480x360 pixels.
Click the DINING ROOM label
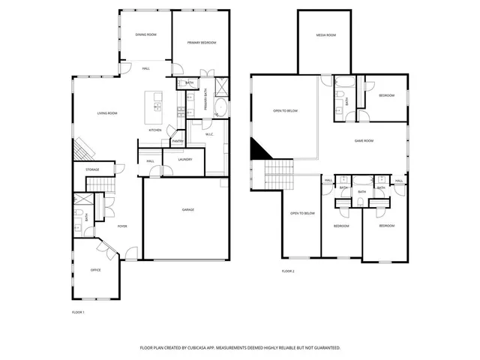(145, 34)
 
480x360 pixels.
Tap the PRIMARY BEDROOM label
(202, 43)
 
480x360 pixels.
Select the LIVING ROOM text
(107, 113)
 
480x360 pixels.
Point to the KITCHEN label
(155, 130)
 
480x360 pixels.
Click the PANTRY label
(178, 141)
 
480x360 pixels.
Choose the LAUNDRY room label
(186, 159)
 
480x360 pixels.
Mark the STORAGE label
(92, 169)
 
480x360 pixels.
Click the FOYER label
(121, 225)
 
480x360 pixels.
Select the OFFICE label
(96, 270)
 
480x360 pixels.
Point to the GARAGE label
(188, 209)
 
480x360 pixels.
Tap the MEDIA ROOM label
(325, 35)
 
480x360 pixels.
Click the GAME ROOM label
(364, 140)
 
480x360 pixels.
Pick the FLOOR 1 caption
(78, 311)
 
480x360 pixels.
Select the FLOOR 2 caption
(288, 270)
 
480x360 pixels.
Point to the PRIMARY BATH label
(205, 100)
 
